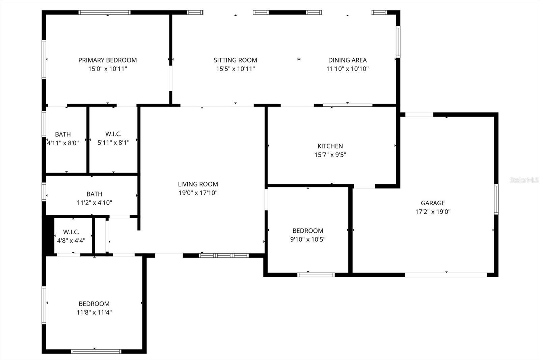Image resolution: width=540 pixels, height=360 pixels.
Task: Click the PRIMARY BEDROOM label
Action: [108, 60]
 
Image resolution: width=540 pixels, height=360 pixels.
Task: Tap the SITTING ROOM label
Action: [235, 60]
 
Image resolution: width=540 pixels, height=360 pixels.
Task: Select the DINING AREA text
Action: [347, 60]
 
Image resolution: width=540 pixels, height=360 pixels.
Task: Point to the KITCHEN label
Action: [330, 146]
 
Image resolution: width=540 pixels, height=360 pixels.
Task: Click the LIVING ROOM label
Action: [198, 184]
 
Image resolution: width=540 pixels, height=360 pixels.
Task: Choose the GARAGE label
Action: [433, 203]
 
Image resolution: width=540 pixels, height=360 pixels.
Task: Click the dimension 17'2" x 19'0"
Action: [433, 212]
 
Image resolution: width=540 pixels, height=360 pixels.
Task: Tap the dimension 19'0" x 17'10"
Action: [198, 193]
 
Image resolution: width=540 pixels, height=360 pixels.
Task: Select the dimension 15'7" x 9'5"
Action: [330, 155]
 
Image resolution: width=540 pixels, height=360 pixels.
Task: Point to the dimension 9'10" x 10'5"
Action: [308, 239]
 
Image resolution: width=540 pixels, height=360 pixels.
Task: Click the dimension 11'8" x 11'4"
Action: [94, 312]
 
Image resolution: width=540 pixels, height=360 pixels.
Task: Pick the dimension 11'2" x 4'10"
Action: [94, 203]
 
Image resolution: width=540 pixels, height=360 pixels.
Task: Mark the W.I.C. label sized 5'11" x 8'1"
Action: [113, 134]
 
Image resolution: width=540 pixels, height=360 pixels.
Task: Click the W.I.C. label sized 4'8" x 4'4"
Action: [71, 232]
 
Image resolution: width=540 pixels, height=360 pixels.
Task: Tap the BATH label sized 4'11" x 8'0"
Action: [63, 134]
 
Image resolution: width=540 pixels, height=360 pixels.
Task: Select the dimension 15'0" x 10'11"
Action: [108, 69]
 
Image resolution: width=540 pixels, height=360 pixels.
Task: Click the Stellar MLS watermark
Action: [524, 180]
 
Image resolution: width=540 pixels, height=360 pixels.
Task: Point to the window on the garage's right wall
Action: [496, 199]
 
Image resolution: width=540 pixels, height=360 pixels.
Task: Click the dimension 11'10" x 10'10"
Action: [347, 69]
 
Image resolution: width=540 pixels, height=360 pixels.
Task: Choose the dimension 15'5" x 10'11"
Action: [235, 69]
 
